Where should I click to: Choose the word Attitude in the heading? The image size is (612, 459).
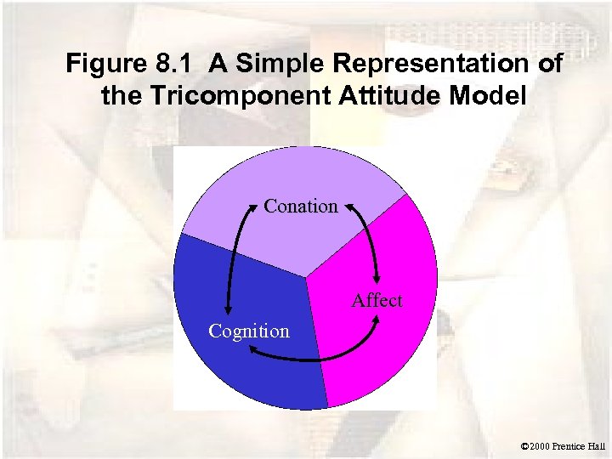[x=369, y=95]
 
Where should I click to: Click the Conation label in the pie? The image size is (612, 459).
[x=301, y=207]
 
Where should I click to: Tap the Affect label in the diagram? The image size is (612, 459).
[x=378, y=301]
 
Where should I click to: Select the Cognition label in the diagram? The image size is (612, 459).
[x=249, y=331]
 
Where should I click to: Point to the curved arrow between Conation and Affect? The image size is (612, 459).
[x=367, y=242]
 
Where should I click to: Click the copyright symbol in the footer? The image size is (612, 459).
[x=524, y=445]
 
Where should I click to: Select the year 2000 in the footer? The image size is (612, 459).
[x=542, y=445]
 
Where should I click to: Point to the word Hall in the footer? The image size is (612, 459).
[x=598, y=445]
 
